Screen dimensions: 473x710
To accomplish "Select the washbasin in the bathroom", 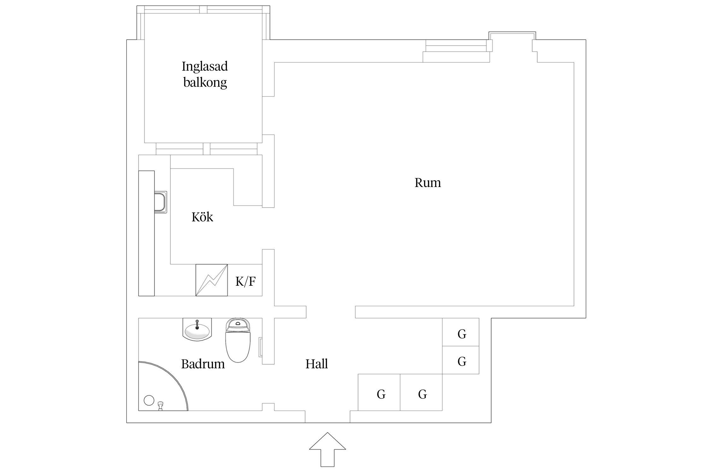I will click(197, 330).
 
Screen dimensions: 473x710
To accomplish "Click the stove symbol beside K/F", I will click(211, 280).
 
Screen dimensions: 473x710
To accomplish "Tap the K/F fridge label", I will click(245, 281).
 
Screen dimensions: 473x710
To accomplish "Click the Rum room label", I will click(427, 183).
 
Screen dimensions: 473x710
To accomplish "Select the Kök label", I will click(202, 217).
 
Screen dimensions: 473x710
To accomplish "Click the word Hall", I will click(317, 364).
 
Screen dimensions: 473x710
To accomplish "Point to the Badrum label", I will click(203, 364).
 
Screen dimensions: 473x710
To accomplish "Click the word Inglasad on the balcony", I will click(204, 67).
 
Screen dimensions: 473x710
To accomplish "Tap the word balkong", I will click(205, 83).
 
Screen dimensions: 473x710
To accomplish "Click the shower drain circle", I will click(149, 400).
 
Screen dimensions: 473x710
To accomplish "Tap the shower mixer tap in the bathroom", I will click(160, 406).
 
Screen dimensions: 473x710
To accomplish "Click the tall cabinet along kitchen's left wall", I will click(146, 233).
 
